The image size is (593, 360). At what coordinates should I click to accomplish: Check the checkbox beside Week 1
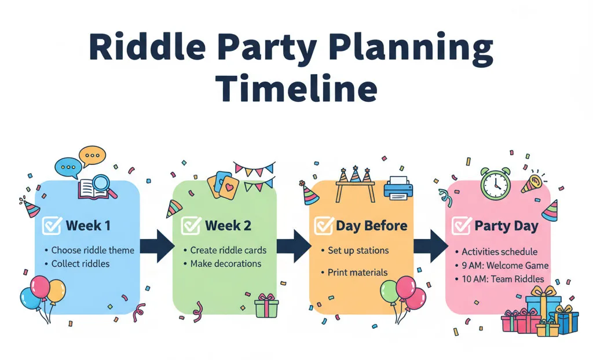(x=53, y=226)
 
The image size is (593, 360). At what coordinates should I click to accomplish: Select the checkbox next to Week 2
(x=192, y=226)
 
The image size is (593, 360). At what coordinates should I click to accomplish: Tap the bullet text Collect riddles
(x=80, y=264)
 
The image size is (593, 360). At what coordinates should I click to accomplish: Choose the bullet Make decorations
(x=226, y=264)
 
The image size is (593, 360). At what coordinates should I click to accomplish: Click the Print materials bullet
(x=357, y=272)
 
